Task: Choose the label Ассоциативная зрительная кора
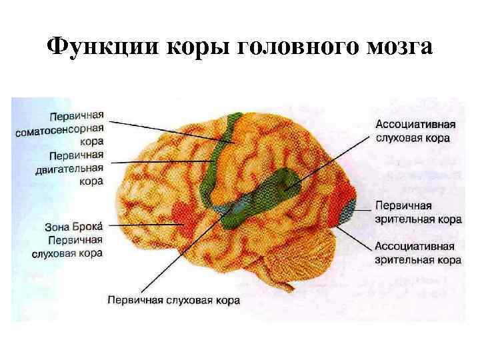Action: tap(417, 253)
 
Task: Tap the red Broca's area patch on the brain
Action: tap(181, 215)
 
